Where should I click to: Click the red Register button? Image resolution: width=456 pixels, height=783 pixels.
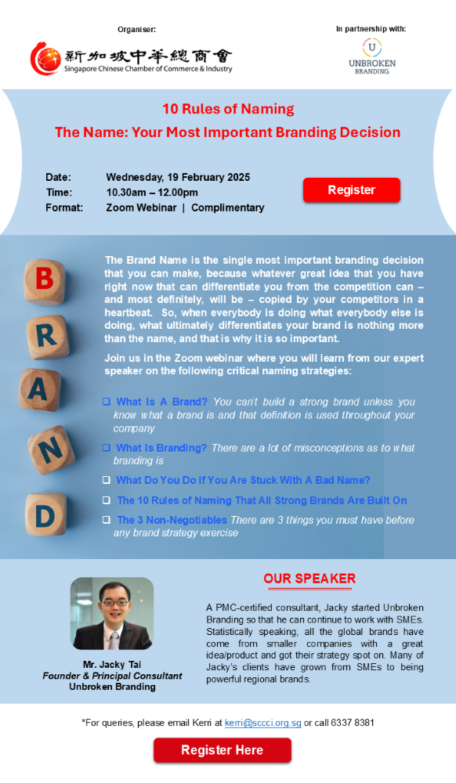coord(352,190)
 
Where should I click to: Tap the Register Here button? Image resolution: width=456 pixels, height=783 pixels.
coord(223,750)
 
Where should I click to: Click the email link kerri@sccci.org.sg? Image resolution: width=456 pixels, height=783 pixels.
coord(262,723)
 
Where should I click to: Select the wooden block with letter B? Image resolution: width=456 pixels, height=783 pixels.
coord(45,282)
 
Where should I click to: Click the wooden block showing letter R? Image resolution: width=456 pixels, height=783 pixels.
coord(47,337)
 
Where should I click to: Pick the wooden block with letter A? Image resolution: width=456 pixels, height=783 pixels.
coord(40,389)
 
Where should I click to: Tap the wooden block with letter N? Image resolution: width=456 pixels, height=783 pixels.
coord(50,450)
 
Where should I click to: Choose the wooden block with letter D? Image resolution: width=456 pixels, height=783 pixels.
coord(45,514)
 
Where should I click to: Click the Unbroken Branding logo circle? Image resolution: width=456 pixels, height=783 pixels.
coord(372,48)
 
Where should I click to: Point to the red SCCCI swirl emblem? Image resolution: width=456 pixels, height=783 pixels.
coord(45,59)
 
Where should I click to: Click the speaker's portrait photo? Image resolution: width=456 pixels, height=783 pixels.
coord(112,613)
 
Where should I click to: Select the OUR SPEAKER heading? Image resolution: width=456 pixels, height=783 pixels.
coord(309,579)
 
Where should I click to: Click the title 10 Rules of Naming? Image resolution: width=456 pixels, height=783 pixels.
coord(228,109)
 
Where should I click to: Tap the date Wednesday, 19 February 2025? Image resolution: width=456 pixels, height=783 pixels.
coord(179,177)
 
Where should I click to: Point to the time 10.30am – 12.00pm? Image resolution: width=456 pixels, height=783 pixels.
coord(152,193)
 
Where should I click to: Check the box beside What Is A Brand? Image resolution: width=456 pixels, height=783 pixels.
coord(107,402)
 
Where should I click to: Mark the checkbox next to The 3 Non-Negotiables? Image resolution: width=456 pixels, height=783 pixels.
coord(107,520)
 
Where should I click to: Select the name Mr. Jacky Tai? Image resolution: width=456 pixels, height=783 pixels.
coord(112,665)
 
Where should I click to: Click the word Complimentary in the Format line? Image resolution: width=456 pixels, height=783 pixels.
coord(228,207)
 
